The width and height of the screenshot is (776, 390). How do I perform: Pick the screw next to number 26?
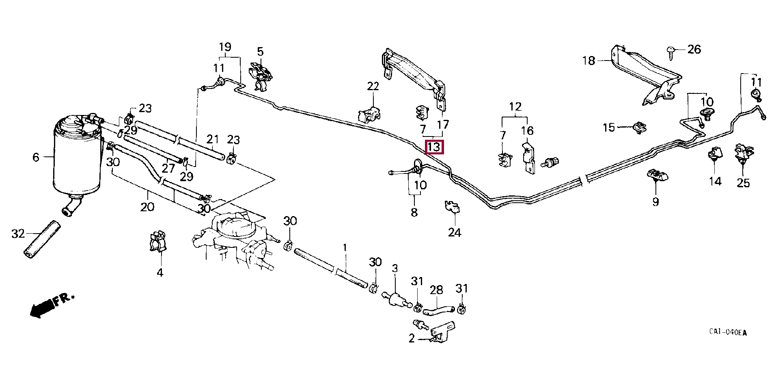tap(670, 53)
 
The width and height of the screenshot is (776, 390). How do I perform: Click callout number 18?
tap(588, 61)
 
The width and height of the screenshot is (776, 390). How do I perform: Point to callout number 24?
tap(455, 232)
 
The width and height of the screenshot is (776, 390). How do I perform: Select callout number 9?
tap(656, 201)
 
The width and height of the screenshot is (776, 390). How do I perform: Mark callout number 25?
tap(743, 183)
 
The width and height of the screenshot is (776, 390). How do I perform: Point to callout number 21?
tap(212, 140)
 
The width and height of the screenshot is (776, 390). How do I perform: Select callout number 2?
tap(412, 338)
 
